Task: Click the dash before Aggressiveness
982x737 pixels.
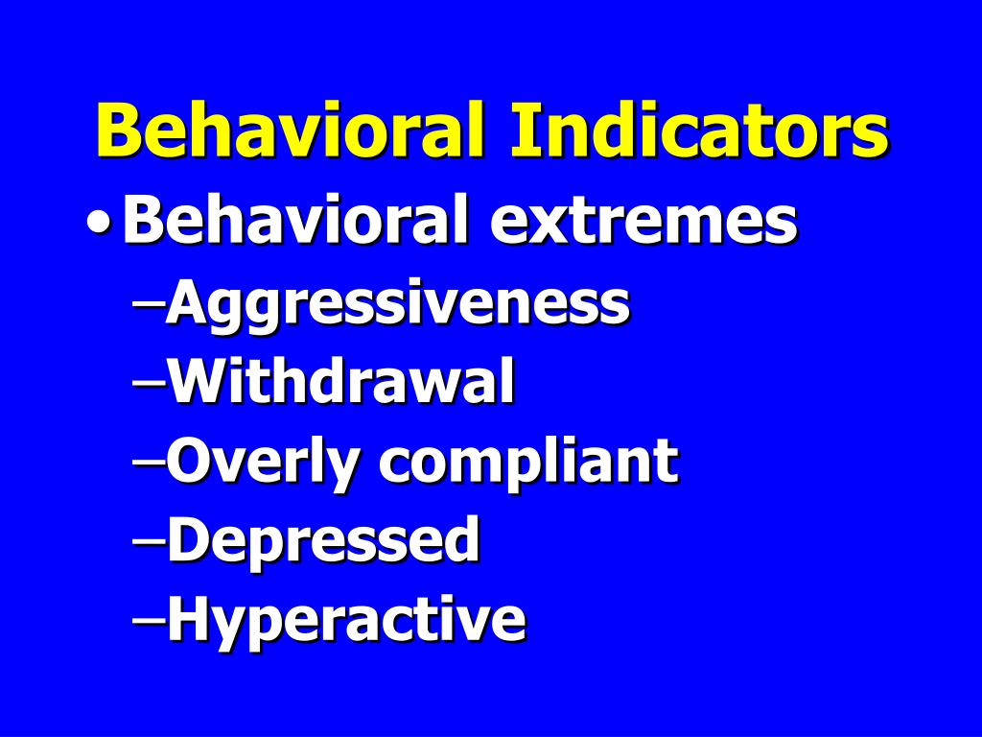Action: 148,304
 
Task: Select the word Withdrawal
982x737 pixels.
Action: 340,382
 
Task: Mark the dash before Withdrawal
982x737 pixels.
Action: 148,383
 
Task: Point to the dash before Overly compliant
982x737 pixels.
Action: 148,462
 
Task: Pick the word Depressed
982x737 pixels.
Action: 322,540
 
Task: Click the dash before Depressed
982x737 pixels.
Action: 148,540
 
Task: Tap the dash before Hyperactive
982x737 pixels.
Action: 148,619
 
